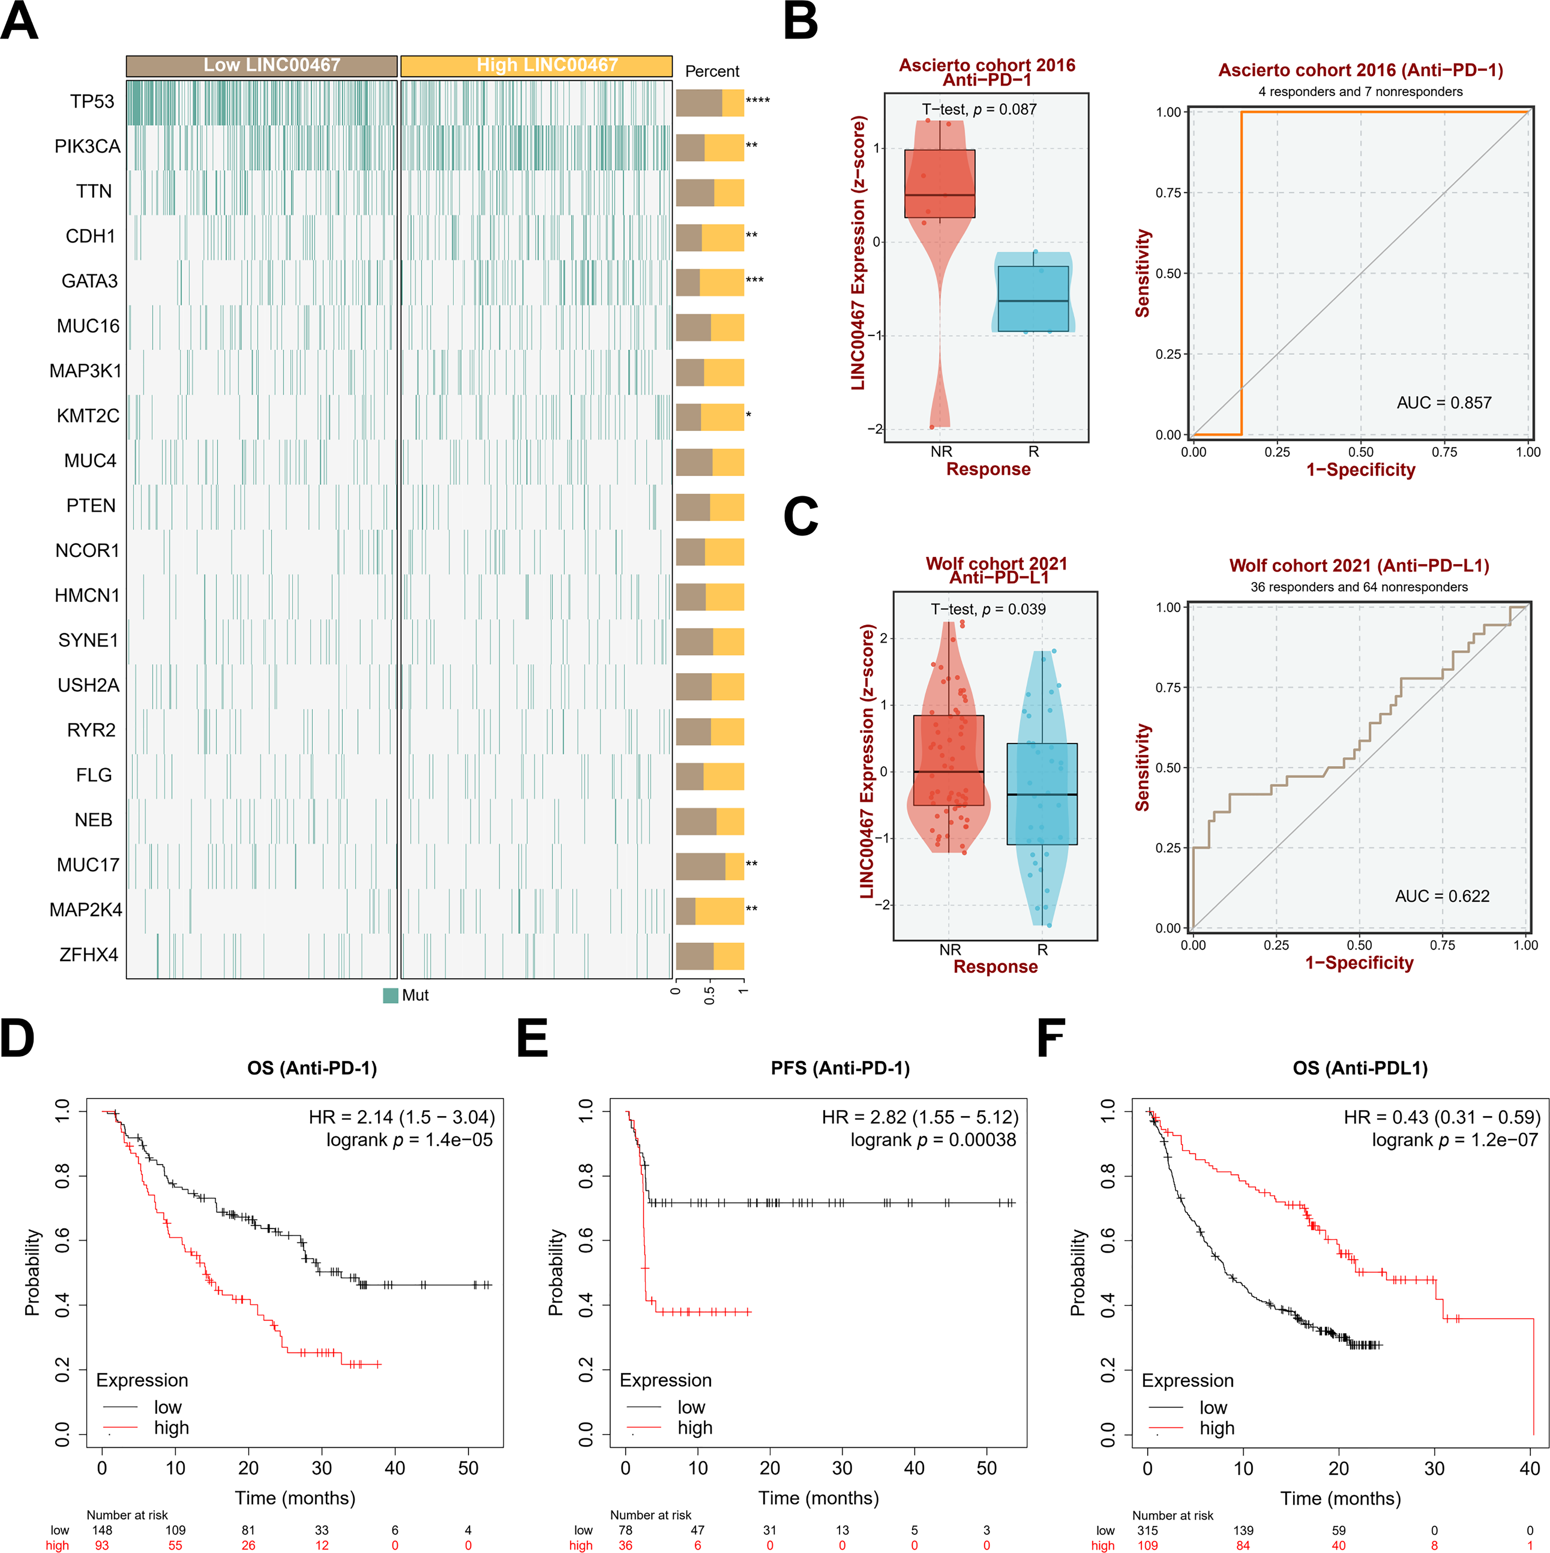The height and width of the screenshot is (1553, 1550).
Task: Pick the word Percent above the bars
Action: point(712,72)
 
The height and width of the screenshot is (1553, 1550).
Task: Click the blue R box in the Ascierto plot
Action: point(1033,298)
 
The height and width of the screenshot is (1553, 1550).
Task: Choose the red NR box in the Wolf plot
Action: point(949,760)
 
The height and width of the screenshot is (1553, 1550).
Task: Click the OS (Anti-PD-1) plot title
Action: point(312,1068)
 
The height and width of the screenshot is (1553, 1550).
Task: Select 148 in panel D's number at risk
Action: point(102,1530)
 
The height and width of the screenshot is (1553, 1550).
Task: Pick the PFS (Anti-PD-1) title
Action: point(840,1068)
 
